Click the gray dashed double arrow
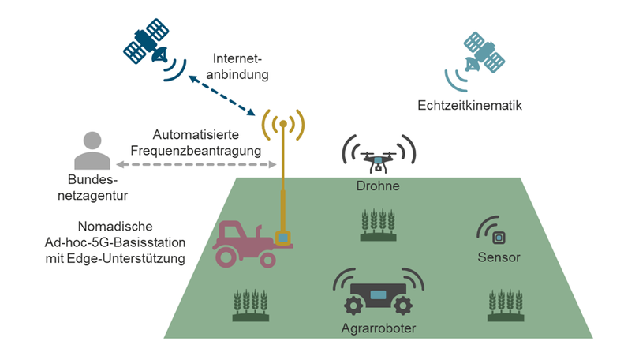(196, 165)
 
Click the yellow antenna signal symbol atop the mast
(282, 124)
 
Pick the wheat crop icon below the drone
(377, 225)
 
